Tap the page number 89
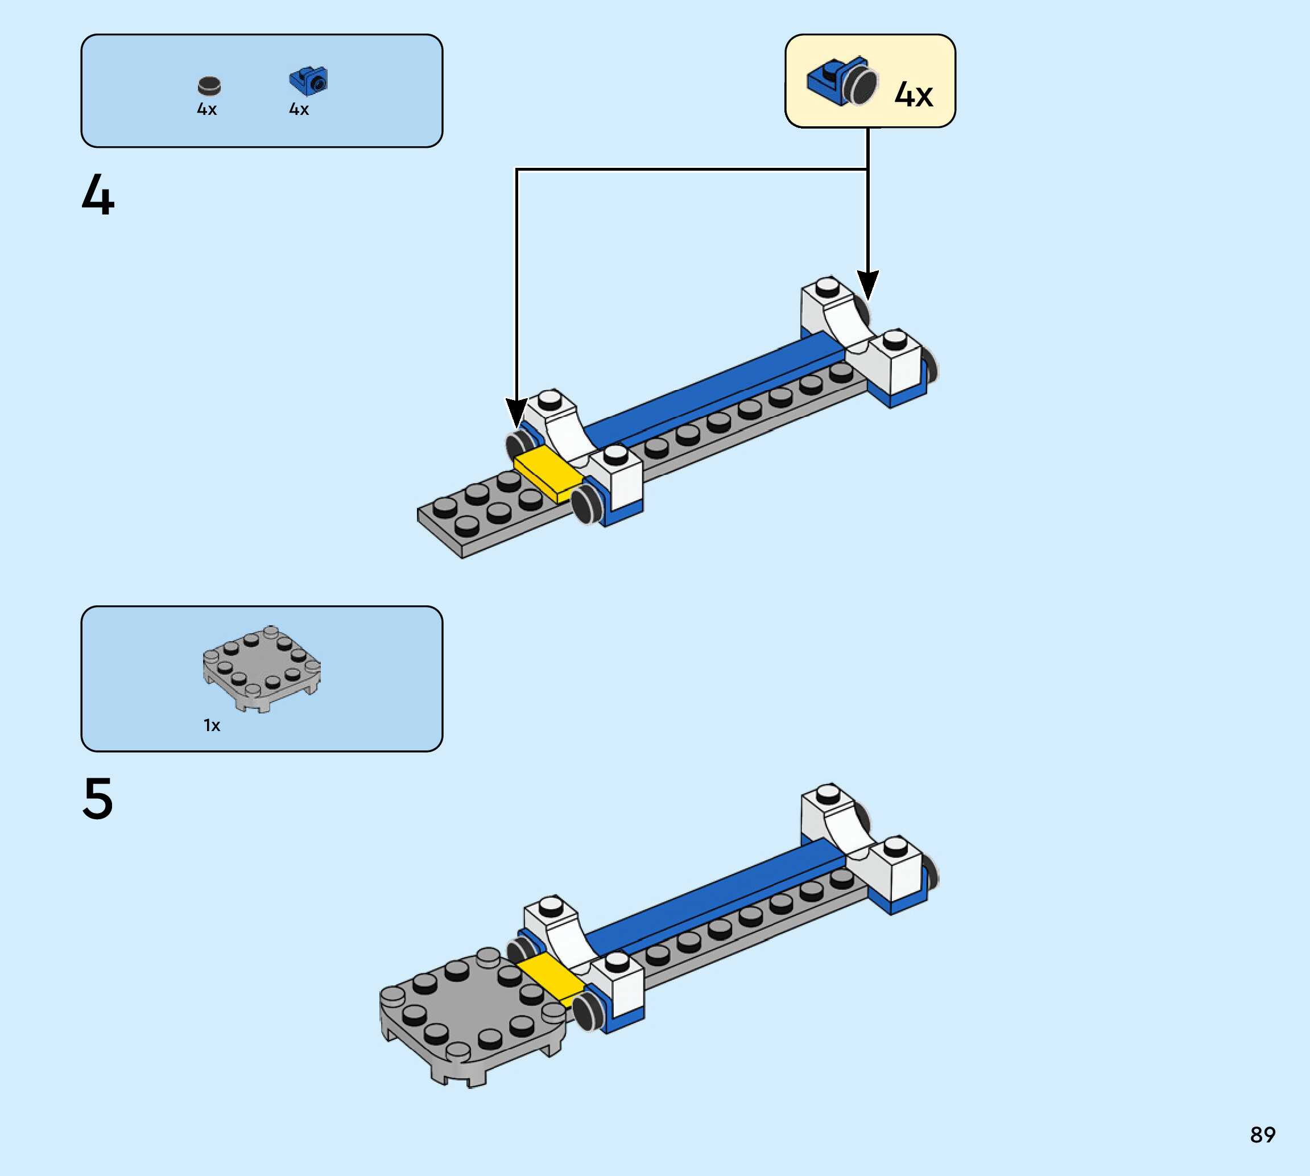tap(1262, 1134)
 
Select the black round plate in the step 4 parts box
tap(209, 85)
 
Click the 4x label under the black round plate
tap(206, 110)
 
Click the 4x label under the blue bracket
tap(299, 110)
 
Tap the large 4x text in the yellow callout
tap(914, 95)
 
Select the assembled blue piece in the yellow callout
tap(842, 81)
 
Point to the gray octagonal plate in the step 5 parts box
tap(262, 668)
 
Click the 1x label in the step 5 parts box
tap(212, 725)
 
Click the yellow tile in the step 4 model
tap(548, 473)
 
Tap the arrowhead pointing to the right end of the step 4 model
tap(867, 284)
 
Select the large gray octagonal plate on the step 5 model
tap(472, 1014)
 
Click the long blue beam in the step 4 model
tap(710, 387)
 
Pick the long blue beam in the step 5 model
tap(710, 895)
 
